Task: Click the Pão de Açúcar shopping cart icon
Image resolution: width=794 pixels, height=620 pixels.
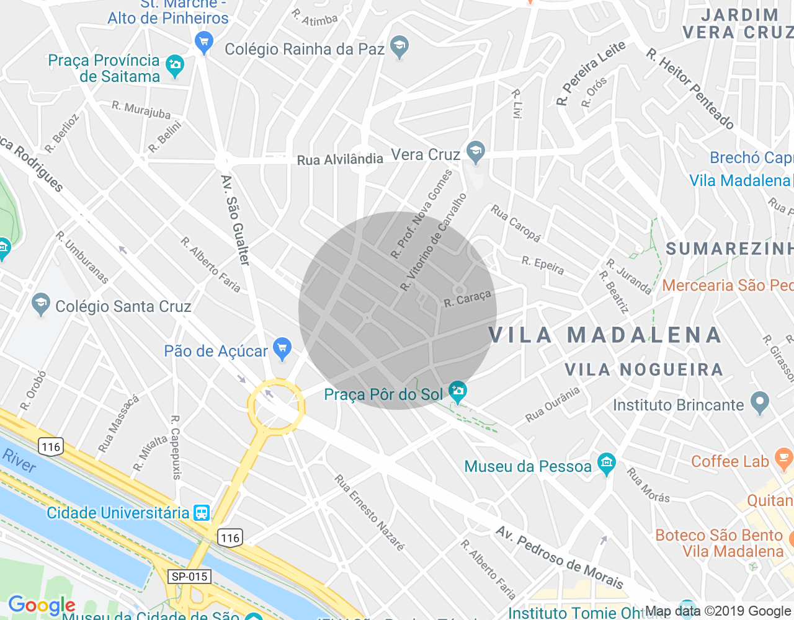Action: click(282, 348)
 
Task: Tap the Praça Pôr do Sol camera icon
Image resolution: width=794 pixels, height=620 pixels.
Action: click(458, 391)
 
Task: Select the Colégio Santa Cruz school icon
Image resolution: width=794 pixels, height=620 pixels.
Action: click(41, 304)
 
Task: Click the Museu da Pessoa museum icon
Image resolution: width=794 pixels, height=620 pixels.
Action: click(606, 463)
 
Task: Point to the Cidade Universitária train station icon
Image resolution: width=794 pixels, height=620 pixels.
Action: click(202, 513)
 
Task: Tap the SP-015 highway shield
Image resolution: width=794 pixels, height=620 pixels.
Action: click(190, 577)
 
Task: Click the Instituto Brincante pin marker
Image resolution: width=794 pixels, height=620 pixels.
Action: click(759, 402)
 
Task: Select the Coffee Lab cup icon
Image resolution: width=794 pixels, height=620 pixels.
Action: click(783, 459)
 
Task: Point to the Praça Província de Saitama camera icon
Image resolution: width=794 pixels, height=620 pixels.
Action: click(175, 65)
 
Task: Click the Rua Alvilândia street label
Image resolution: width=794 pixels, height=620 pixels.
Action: click(340, 159)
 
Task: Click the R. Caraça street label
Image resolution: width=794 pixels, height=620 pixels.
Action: click(467, 299)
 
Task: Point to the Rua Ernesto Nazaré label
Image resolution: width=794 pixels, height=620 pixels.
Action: click(370, 513)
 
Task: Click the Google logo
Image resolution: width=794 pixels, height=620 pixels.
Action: click(42, 605)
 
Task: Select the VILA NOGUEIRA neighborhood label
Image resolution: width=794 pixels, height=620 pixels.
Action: click(644, 370)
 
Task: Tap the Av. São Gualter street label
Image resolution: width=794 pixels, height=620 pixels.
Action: click(236, 220)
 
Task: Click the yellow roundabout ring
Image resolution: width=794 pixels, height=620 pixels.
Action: click(276, 381)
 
